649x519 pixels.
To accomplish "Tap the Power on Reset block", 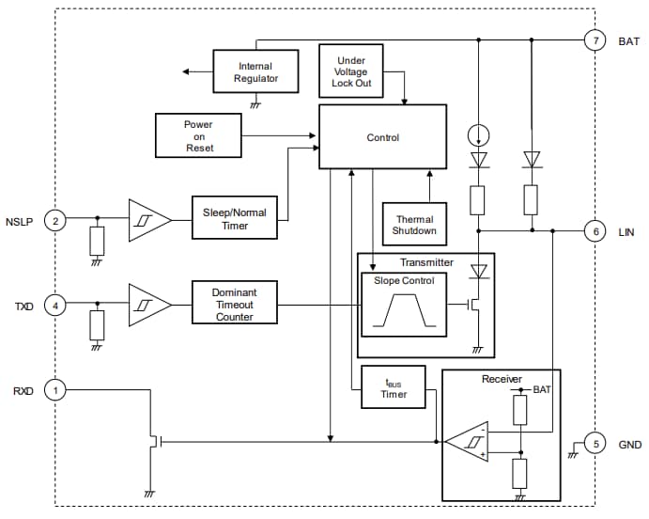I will (x=197, y=136).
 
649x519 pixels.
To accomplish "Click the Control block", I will (x=382, y=137).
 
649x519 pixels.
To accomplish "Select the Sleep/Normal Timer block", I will (x=234, y=219).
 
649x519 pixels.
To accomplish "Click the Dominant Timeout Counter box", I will (x=234, y=305).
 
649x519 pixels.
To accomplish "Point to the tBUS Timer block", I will (x=394, y=387).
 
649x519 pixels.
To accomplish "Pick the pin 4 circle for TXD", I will (x=55, y=305).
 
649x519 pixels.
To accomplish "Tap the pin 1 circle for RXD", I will (x=55, y=389).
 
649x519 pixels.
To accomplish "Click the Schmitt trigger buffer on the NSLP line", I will (x=147, y=220).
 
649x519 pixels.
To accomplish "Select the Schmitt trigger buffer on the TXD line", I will (x=147, y=305).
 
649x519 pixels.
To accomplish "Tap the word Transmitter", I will (x=426, y=262).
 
